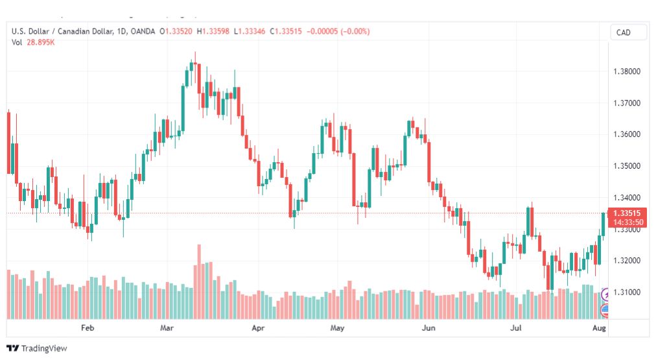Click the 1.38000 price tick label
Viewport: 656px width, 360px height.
[626, 71]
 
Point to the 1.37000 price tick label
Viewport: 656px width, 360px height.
[626, 103]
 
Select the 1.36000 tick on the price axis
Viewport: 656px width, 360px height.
[626, 134]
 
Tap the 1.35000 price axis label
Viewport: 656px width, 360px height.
[626, 166]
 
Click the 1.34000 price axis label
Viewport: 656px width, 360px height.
[626, 198]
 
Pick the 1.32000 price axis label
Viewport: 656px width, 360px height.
[626, 261]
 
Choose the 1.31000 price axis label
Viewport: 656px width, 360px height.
[626, 293]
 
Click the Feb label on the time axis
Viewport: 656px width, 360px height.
[87, 328]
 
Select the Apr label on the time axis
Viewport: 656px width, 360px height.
[259, 328]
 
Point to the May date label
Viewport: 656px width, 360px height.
[336, 328]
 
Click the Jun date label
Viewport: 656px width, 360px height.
[428, 328]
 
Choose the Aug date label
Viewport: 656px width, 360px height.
[599, 328]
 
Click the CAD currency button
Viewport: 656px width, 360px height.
[624, 32]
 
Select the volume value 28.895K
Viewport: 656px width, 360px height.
[40, 43]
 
